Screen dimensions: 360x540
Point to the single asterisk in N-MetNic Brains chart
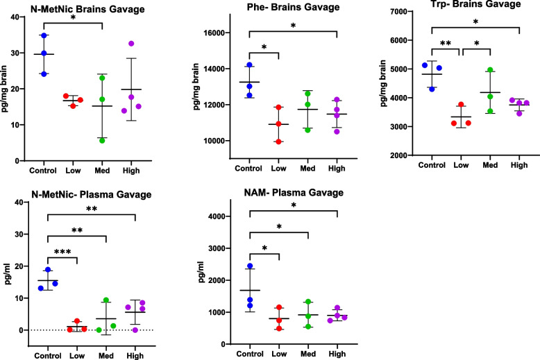pos(74,17)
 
